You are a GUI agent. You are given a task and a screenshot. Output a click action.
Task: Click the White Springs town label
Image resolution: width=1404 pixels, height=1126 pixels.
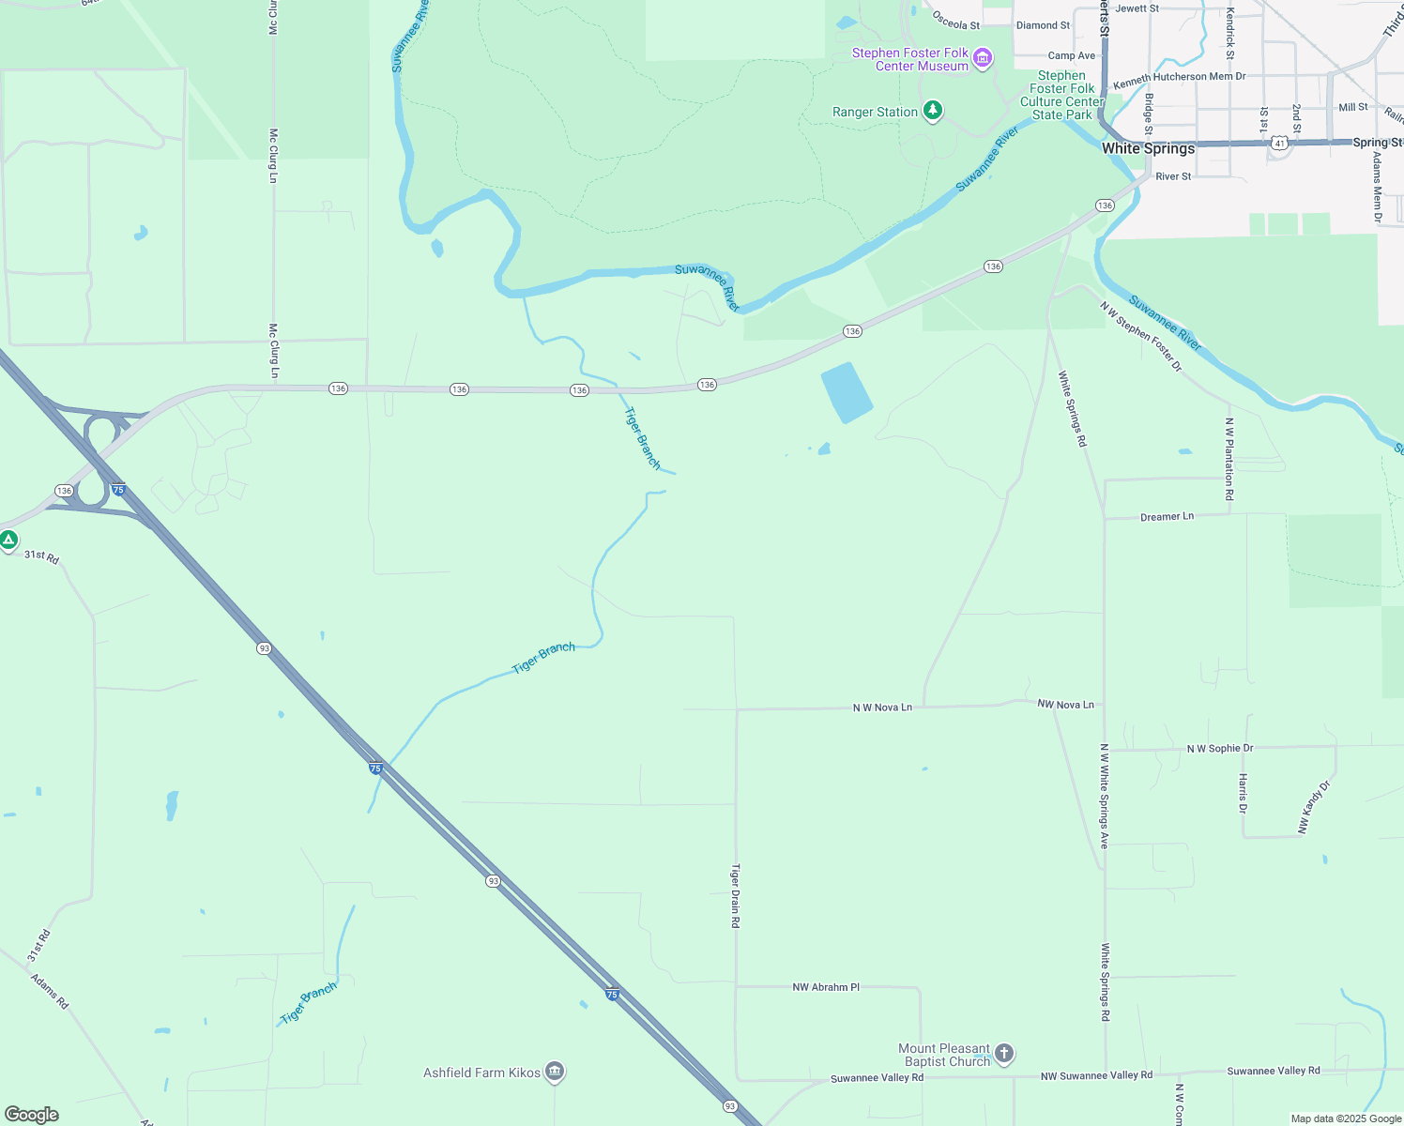click(x=1148, y=148)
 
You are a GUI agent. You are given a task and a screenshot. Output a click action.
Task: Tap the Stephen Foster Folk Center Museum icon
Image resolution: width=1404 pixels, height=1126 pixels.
click(x=983, y=59)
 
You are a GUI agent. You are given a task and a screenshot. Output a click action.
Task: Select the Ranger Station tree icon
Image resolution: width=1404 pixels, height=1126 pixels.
click(x=932, y=112)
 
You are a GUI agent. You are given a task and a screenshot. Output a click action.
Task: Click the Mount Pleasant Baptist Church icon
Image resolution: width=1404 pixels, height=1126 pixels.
click(x=1004, y=1054)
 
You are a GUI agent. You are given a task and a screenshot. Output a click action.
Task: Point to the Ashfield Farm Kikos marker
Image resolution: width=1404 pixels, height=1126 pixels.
click(x=555, y=1071)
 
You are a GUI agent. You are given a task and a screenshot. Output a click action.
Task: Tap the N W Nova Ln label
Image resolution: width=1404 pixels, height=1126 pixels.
click(x=882, y=708)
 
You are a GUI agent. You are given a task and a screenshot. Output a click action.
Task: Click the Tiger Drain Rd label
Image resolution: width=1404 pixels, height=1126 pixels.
click(x=736, y=896)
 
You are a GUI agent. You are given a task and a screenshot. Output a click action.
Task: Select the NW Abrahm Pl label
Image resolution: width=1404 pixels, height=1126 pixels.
click(x=826, y=987)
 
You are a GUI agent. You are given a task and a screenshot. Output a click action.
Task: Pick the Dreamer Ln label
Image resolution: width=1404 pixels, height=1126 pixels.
click(x=1167, y=517)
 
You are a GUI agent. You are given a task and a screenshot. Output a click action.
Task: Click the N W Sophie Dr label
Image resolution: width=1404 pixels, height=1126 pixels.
click(x=1220, y=749)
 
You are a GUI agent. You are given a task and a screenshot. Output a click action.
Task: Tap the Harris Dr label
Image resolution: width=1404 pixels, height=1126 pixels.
click(x=1243, y=794)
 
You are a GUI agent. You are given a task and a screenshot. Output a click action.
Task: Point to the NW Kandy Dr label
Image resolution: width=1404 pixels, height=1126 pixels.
click(x=1314, y=807)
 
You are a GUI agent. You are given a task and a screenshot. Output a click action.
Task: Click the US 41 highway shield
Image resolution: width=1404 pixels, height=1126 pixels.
click(x=1280, y=143)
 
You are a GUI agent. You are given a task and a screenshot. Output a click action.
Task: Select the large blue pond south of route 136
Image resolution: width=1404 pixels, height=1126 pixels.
click(x=847, y=392)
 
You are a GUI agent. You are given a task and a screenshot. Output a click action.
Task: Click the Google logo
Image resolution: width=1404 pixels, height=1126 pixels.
click(x=32, y=1115)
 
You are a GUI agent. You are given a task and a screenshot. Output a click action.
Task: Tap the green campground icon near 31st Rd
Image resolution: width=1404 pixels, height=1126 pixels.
click(x=8, y=540)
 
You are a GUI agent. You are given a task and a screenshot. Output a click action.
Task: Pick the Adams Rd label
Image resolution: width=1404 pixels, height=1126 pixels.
click(x=50, y=991)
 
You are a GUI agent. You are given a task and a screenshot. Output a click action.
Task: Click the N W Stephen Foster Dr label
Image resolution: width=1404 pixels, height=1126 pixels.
click(x=1141, y=336)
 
